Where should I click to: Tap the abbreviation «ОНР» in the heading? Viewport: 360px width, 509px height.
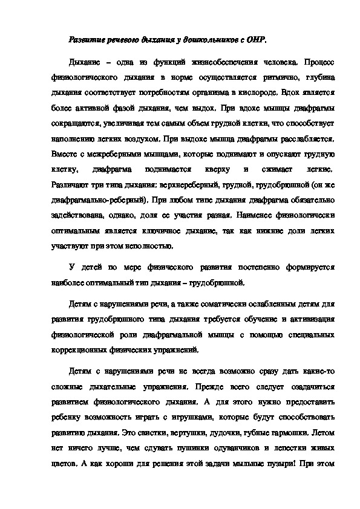pos(257,37)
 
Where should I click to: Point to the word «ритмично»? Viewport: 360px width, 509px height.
pos(278,78)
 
